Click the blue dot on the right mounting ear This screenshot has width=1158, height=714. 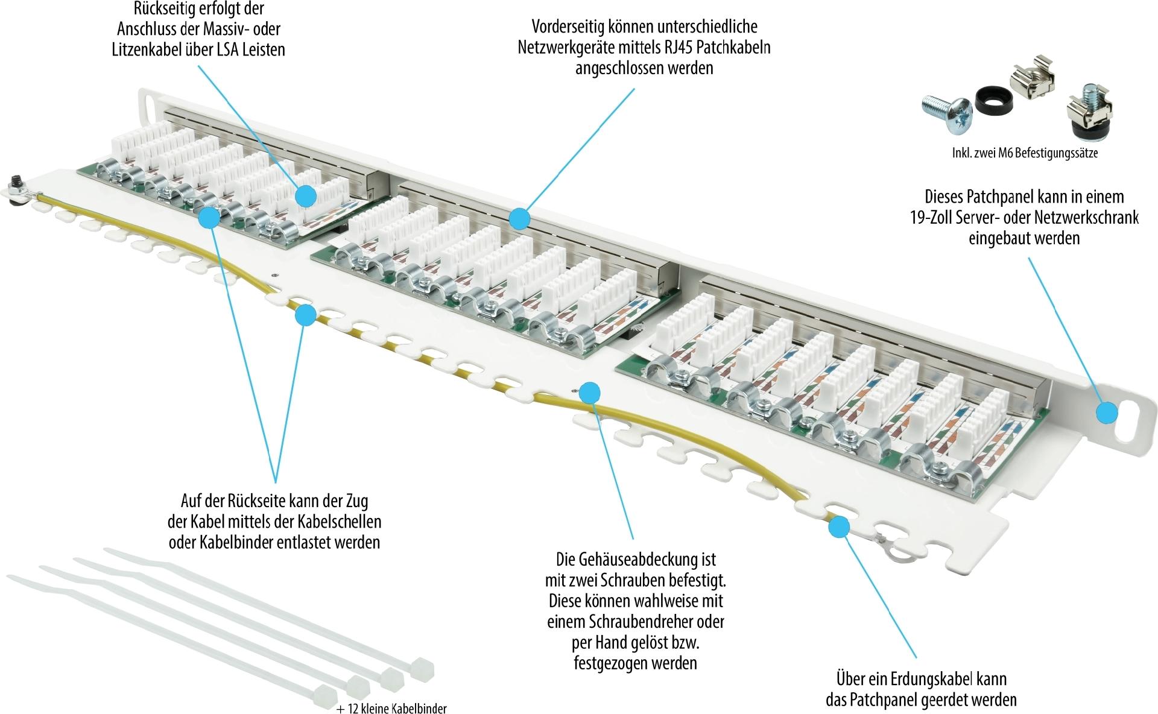click(1107, 413)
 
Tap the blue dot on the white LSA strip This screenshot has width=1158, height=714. click(306, 195)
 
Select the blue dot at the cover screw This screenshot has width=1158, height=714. click(590, 393)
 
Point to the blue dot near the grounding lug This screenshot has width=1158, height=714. click(838, 527)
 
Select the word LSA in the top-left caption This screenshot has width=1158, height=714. click(230, 49)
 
